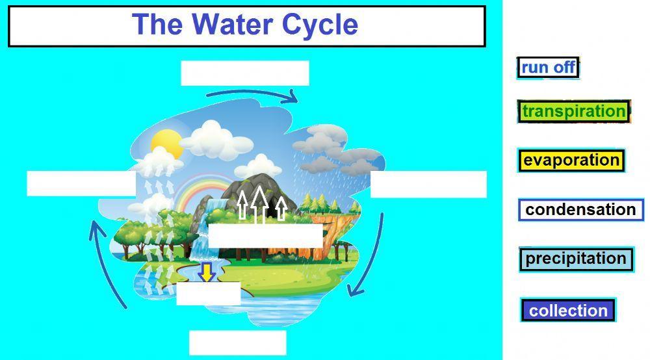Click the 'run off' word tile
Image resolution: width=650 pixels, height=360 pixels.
(548, 68)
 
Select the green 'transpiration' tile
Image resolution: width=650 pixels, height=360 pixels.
(574, 111)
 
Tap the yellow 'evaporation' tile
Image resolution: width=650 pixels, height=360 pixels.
(571, 160)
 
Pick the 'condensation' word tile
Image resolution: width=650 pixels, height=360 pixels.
(580, 210)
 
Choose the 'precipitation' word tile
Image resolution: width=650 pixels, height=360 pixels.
(576, 259)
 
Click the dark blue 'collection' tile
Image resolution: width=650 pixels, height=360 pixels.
(568, 311)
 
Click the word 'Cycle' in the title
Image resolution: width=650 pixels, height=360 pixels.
(320, 25)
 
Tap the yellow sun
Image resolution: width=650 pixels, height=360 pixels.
(166, 142)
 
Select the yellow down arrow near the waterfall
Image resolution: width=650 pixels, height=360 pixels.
(207, 272)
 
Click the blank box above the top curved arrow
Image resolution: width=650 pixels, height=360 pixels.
(244, 73)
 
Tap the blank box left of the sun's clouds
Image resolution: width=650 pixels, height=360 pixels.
(81, 183)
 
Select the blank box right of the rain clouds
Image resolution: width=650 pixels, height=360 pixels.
(428, 184)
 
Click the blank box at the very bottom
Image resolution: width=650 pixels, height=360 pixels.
(237, 342)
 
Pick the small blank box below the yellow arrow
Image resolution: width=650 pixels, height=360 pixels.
(208, 294)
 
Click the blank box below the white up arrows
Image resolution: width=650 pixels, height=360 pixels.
(265, 236)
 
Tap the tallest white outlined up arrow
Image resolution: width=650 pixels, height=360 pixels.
(259, 203)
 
